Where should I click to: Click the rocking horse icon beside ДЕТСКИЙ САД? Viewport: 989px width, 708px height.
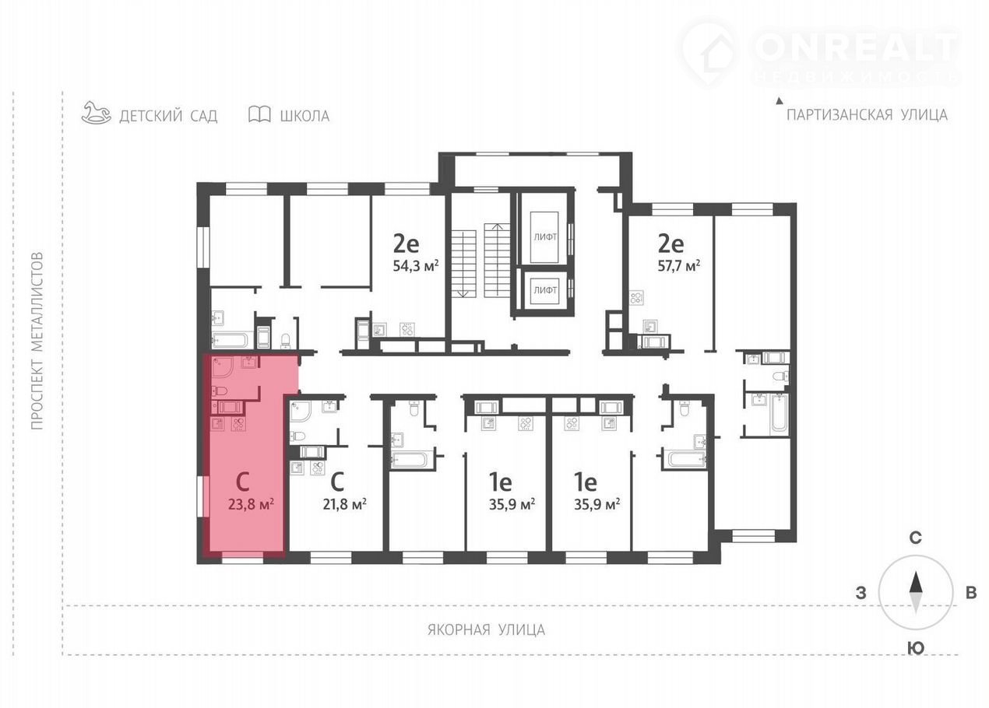[97, 113]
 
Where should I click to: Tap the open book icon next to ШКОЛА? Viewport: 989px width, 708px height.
[259, 114]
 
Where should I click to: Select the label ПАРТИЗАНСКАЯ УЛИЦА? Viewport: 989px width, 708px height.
[868, 115]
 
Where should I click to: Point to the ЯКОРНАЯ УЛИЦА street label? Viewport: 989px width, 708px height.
[486, 629]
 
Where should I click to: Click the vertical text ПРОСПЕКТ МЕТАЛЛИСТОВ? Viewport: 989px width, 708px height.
[37, 341]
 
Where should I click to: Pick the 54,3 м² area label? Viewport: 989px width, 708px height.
[416, 266]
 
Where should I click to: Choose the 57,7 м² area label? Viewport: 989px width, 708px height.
[678, 266]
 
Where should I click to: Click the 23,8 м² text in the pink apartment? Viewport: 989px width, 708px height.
[251, 503]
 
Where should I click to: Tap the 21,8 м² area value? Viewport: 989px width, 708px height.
[344, 503]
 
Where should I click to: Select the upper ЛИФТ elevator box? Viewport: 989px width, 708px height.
[545, 237]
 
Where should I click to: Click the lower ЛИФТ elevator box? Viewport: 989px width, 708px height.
[545, 290]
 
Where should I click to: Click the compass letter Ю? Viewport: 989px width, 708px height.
[916, 648]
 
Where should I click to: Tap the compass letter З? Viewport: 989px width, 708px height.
[861, 594]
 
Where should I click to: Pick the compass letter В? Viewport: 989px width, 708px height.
[971, 593]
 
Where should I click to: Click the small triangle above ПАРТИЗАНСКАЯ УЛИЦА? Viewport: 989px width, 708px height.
[780, 101]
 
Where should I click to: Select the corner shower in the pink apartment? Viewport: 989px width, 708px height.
[224, 368]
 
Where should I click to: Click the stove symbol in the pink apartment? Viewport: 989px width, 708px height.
[238, 424]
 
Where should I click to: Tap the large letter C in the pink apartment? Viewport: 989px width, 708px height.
[243, 482]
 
